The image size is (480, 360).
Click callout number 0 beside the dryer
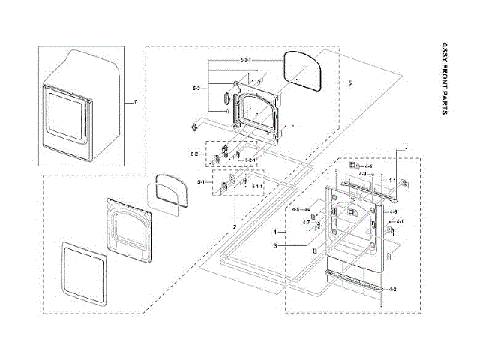click(x=136, y=102)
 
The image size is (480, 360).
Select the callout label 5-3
click(x=196, y=89)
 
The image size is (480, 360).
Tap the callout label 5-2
click(x=193, y=154)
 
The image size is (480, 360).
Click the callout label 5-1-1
click(x=256, y=185)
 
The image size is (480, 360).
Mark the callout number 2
click(x=235, y=226)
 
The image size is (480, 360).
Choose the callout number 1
click(x=406, y=151)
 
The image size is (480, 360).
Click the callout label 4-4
click(x=367, y=165)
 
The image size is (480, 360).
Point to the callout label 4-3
click(x=362, y=174)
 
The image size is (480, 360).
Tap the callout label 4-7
click(x=306, y=222)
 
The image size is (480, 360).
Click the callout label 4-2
click(x=393, y=289)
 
